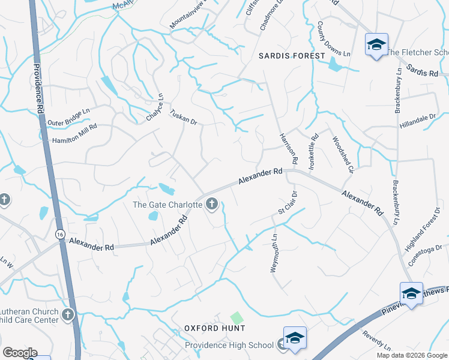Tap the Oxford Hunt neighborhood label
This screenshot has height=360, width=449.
tap(214, 328)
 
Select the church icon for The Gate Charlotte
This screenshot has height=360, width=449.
tap(211, 205)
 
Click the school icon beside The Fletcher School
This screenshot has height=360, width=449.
tap(376, 45)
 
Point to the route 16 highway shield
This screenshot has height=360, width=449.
tap(59, 235)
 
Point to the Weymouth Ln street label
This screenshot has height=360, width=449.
tap(275, 253)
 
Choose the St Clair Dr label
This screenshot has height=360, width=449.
tap(288, 203)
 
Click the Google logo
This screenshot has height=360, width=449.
tap(20, 352)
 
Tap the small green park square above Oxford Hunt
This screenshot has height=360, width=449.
tap(238, 317)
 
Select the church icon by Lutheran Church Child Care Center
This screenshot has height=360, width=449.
tap(68, 314)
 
